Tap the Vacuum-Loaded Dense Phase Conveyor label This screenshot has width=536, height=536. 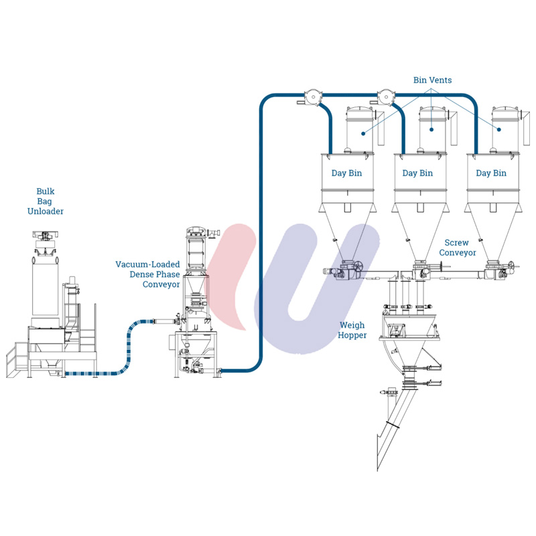pyautogui.click(x=147, y=274)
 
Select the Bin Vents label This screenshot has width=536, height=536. pyautogui.click(x=432, y=80)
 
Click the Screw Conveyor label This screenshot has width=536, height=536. pyautogui.click(x=458, y=247)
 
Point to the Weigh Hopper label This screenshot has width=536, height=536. pyautogui.click(x=352, y=330)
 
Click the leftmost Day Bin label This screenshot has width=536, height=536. pyautogui.click(x=346, y=173)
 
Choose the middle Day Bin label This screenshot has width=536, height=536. pyautogui.click(x=417, y=173)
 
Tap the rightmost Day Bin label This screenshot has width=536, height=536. pyautogui.click(x=491, y=173)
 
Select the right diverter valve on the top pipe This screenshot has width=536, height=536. pyautogui.click(x=385, y=96)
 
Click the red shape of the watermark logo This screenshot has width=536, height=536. pyautogui.click(x=231, y=275)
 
